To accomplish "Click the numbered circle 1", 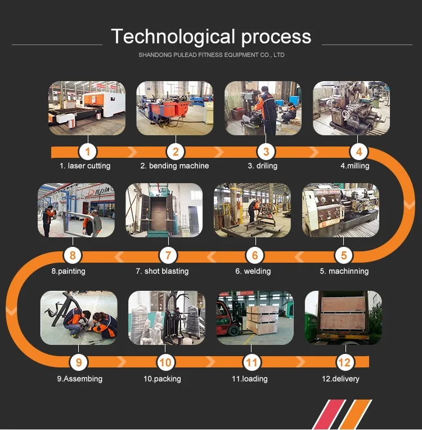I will click(87, 151).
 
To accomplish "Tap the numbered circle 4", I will click(358, 151).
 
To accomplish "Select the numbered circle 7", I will click(168, 255).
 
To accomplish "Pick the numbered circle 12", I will click(344, 362).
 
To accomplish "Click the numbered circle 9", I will click(79, 362).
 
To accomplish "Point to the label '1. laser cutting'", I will click(85, 166).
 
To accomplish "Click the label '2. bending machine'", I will click(174, 166).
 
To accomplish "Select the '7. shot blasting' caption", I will click(162, 271).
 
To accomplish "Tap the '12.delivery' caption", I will click(340, 379).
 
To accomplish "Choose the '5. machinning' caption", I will click(344, 271).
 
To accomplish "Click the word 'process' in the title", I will click(276, 37).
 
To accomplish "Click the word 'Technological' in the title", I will click(173, 37).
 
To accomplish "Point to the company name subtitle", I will click(211, 55).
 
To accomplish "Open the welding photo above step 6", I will click(252, 210).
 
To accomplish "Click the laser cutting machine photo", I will click(87, 108).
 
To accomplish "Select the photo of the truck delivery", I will click(343, 317).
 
